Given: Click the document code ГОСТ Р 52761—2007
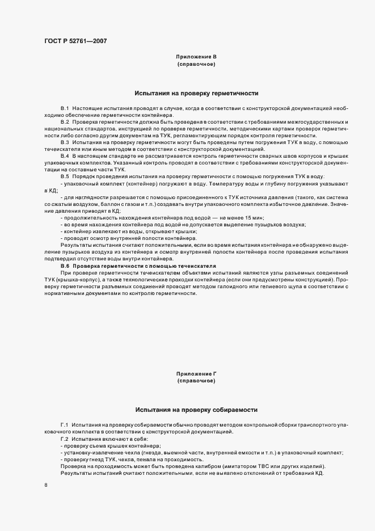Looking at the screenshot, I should pos(75,41).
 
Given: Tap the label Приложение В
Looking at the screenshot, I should pos(196,57).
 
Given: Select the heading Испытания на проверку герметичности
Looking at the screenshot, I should pos(196,92).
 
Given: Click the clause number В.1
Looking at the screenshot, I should pos(65,108).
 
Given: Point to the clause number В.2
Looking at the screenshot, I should pos(65,122).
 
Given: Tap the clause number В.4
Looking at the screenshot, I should pos(65,155).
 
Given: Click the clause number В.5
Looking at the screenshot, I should pos(65,176).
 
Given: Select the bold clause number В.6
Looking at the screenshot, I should pos(65,265).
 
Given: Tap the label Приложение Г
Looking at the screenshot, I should pos(196,374).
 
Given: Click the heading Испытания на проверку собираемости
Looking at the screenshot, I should pos(196,409).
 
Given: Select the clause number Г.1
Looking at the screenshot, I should pos(65,425).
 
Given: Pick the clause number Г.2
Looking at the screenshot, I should pos(65,439).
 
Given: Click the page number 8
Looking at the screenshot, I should pos(46,486).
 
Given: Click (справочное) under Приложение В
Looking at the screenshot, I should pos(196,65).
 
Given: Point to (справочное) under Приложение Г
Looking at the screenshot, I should pos(196,381).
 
